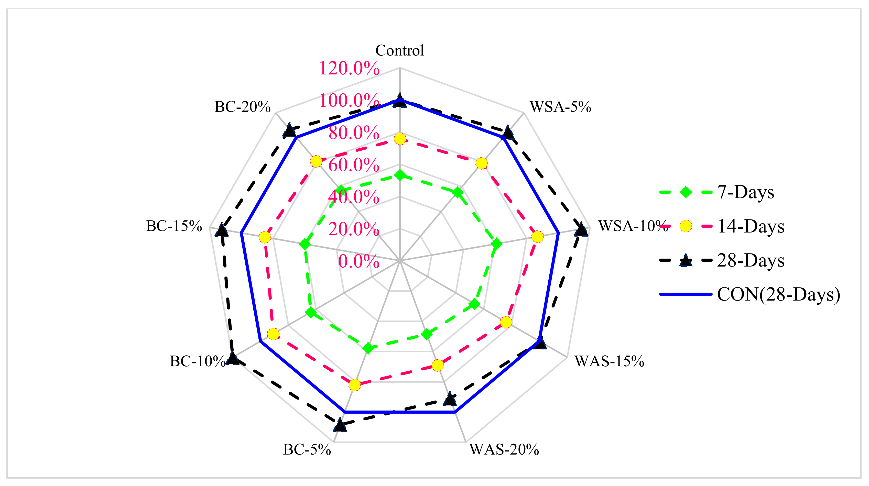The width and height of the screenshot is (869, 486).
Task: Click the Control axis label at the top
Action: (x=399, y=51)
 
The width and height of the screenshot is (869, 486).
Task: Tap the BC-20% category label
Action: (x=243, y=107)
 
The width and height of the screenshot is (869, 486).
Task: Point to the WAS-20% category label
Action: (x=504, y=450)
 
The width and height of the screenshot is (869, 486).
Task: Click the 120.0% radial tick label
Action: (x=349, y=69)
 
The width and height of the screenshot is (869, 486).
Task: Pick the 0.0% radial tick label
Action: (x=358, y=261)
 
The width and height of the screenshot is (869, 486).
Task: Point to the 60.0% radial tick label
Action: (x=354, y=165)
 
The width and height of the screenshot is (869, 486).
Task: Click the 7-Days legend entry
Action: (x=745, y=193)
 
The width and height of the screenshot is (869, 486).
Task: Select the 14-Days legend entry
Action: (x=751, y=226)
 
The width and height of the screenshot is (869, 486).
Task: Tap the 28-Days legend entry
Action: (x=751, y=261)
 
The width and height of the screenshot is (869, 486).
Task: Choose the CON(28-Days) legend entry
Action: (x=778, y=294)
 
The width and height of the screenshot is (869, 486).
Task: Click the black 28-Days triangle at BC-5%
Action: (x=340, y=426)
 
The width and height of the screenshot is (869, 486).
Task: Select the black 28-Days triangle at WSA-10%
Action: (x=581, y=231)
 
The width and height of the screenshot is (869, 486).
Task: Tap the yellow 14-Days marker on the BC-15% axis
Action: (x=265, y=237)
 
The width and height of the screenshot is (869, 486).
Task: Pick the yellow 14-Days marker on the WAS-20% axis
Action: (x=438, y=365)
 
